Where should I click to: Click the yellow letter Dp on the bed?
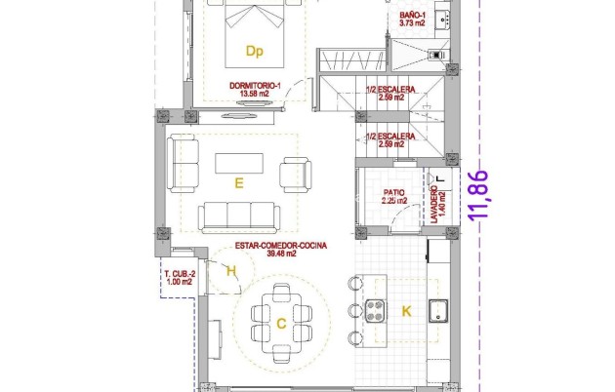[255, 51]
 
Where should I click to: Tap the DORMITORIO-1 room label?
[256, 85]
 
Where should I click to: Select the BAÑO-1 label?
[412, 17]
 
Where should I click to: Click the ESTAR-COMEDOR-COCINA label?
[280, 246]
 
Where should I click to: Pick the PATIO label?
[393, 192]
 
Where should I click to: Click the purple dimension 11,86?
[478, 197]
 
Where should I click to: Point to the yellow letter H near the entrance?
[230, 272]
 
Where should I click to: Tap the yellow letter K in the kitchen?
[407, 311]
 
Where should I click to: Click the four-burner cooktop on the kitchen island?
[377, 311]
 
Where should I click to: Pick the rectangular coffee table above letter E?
[239, 163]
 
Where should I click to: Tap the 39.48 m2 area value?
[280, 255]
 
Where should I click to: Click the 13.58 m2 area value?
[256, 94]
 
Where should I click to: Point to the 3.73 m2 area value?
[412, 25]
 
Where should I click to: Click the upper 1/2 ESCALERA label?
[390, 90]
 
